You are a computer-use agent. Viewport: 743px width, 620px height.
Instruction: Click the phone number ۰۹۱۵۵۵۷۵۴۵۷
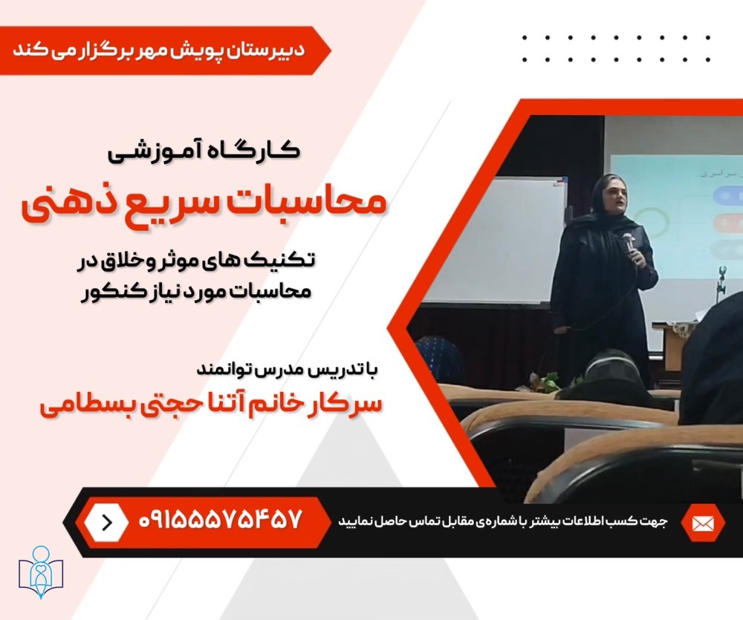tap(221, 520)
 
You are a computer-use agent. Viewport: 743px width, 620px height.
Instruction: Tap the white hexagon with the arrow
tap(106, 522)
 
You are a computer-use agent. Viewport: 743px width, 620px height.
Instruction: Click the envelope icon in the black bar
tap(703, 523)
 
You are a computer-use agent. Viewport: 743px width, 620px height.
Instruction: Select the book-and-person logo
tap(41, 572)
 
